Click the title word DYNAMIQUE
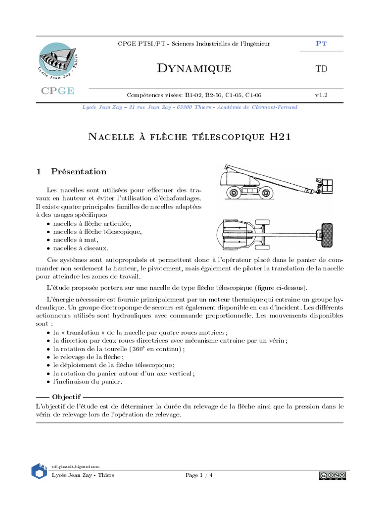tap(193, 69)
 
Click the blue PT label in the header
tap(321, 44)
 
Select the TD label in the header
tap(321, 69)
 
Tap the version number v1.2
tap(321, 95)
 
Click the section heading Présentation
tap(79, 172)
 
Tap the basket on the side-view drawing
tap(327, 186)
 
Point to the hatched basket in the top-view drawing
tap(328, 234)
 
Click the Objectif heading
tap(66, 397)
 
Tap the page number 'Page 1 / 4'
tap(199, 475)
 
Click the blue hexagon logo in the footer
tap(40, 471)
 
